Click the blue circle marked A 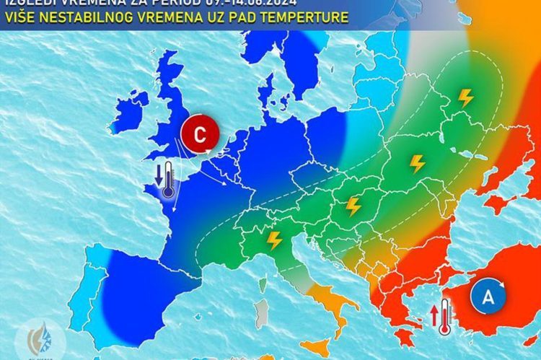(x=488, y=296)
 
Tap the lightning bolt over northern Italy (x=274, y=240)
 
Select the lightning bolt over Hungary (x=353, y=206)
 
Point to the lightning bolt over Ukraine (x=417, y=164)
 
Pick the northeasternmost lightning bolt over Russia (x=466, y=97)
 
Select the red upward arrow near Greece (x=434, y=315)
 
